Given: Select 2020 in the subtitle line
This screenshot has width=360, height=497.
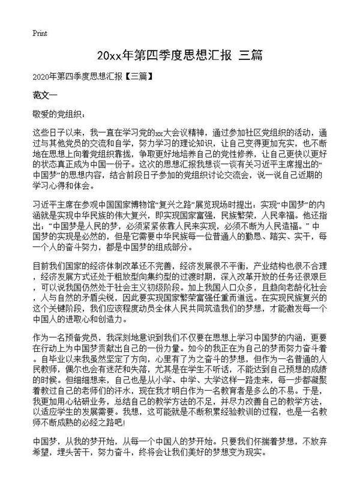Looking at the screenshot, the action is pos(42,77).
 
